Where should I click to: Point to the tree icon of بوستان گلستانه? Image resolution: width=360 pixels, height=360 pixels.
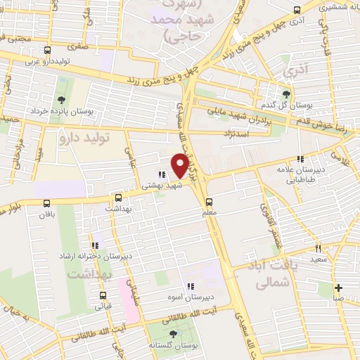coord(173,335)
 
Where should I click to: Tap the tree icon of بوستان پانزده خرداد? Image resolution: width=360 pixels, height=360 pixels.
coord(61,100)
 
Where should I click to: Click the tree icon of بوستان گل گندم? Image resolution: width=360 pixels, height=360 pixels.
coord(285,94)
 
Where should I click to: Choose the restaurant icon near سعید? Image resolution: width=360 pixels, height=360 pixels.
coord(318,248)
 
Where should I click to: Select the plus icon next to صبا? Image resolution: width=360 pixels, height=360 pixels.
coord(339,287)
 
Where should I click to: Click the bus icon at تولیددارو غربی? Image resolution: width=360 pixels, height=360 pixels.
coord(48,51)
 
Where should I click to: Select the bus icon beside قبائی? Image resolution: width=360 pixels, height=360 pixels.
coord(103,295)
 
